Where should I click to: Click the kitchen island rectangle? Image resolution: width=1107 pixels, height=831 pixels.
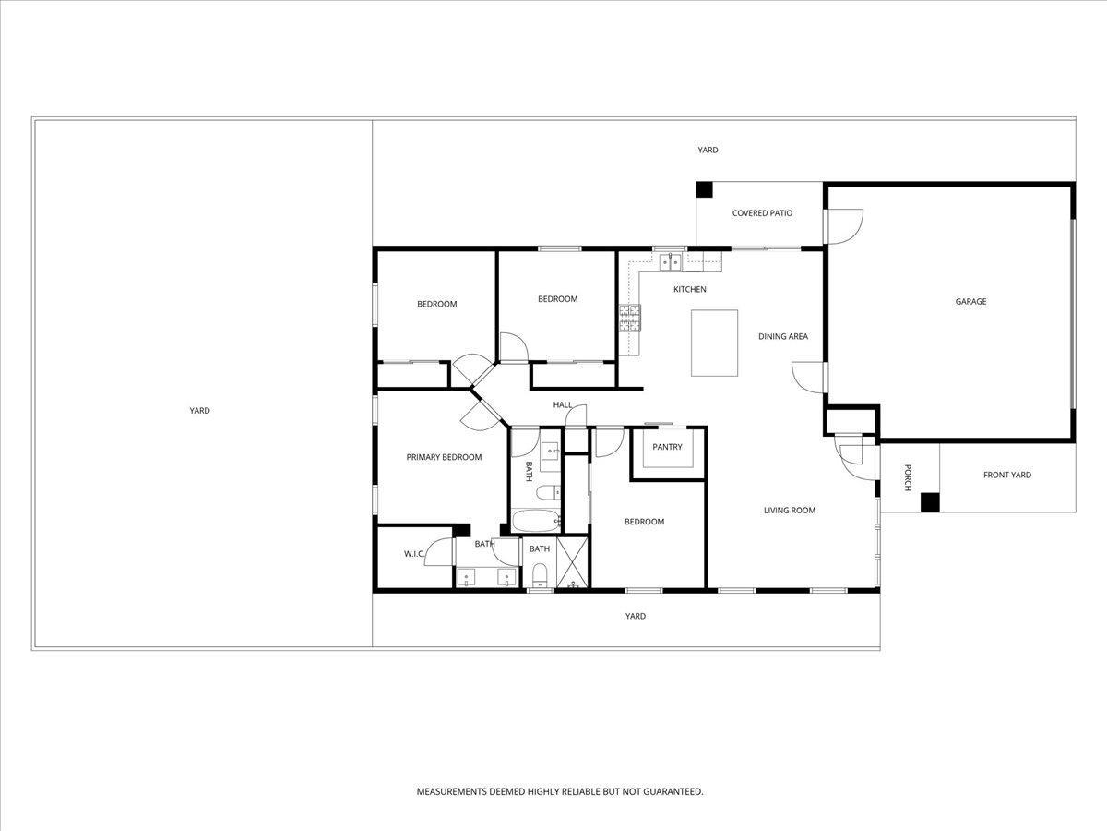coord(715,343)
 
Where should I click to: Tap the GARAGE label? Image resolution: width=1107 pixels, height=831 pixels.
coord(970,301)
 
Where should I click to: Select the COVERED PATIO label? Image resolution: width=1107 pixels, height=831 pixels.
coord(762,213)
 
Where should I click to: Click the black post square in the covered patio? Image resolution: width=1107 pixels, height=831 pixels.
coord(705,189)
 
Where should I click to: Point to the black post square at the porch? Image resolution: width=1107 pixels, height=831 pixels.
coord(930,502)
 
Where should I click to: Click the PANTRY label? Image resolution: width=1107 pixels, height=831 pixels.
coord(667,447)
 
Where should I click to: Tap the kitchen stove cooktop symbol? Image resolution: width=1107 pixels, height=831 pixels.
coord(629,319)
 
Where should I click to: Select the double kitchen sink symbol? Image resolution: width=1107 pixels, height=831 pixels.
coord(671,262)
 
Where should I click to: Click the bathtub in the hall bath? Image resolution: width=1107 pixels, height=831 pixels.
coord(536,521)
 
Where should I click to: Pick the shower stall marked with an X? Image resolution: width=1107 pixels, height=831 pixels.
coord(572,563)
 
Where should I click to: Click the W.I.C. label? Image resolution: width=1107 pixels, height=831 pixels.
coord(413,554)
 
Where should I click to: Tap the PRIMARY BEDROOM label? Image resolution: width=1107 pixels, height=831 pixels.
coord(444,457)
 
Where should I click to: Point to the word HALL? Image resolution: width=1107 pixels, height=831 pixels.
coord(563,404)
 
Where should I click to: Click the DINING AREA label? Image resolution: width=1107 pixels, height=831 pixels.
coord(783,336)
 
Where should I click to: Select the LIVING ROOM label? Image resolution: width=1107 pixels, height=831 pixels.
coord(789,510)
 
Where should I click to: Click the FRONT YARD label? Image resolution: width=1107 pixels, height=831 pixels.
coord(1006,475)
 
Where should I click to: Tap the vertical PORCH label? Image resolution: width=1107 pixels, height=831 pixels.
coord(908,476)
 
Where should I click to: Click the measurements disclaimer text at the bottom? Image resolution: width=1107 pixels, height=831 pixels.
coord(559,791)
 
